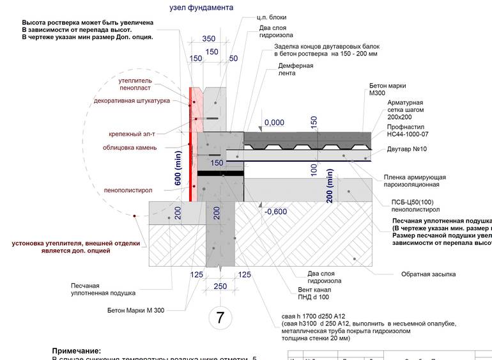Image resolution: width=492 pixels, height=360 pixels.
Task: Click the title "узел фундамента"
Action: (x=201, y=8)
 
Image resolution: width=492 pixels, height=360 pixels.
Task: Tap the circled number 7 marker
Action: (x=220, y=317)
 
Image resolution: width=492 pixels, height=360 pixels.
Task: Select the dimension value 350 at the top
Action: (x=208, y=38)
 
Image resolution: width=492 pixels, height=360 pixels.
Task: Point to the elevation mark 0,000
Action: (x=273, y=122)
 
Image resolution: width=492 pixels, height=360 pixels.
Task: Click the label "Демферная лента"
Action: (x=296, y=69)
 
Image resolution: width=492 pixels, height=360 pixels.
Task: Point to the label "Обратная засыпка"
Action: (x=428, y=274)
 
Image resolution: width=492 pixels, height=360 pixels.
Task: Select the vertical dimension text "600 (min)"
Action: (x=178, y=169)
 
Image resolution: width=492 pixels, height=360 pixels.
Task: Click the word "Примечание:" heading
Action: (x=76, y=351)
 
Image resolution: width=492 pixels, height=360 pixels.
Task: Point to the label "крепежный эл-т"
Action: (x=132, y=134)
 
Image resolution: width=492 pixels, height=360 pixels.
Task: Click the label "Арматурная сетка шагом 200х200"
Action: (x=405, y=110)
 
